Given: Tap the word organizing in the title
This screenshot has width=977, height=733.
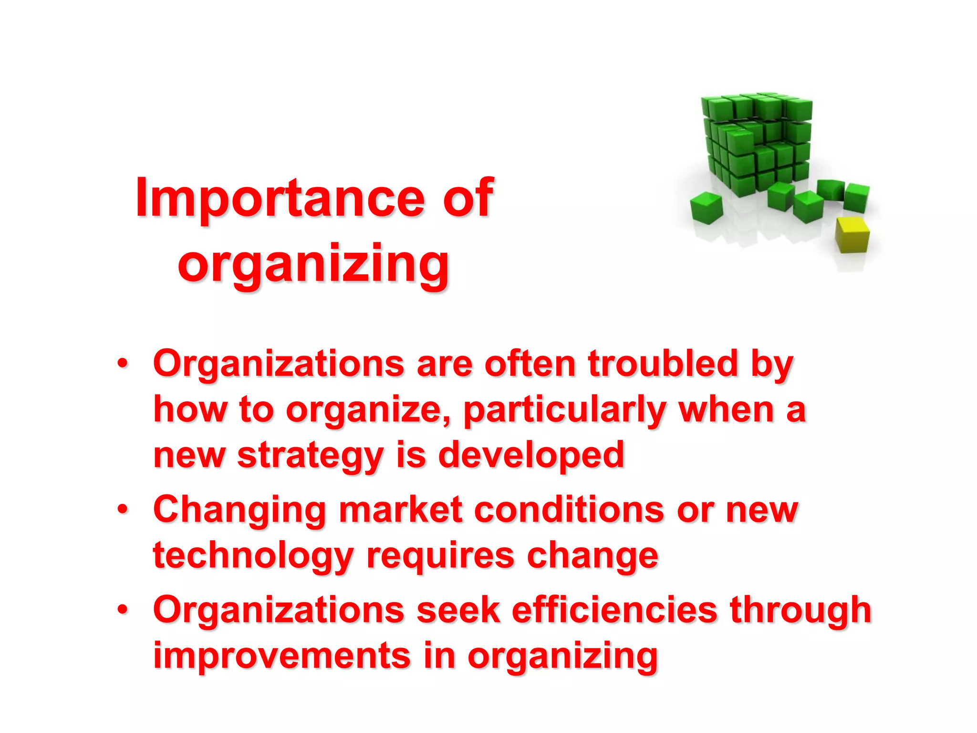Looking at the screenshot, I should (313, 264).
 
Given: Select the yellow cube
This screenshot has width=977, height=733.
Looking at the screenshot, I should (852, 234).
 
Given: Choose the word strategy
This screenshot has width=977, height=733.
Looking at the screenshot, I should (310, 456).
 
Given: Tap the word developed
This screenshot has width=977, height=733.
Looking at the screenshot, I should (531, 455).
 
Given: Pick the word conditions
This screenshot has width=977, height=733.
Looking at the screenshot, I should (569, 510).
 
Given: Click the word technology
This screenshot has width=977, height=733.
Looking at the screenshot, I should (253, 556).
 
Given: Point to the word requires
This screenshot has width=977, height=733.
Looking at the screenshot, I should (440, 556).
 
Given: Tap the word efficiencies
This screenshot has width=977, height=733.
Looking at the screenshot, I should (614, 610).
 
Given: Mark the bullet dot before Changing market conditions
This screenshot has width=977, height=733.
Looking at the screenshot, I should (123, 509).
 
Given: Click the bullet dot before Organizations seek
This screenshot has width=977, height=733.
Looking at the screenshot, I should (123, 609).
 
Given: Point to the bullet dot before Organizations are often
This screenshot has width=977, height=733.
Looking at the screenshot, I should (123, 363).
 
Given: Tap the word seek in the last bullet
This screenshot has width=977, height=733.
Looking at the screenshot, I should (458, 610).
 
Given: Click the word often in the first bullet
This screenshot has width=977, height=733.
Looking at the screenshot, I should (530, 364).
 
